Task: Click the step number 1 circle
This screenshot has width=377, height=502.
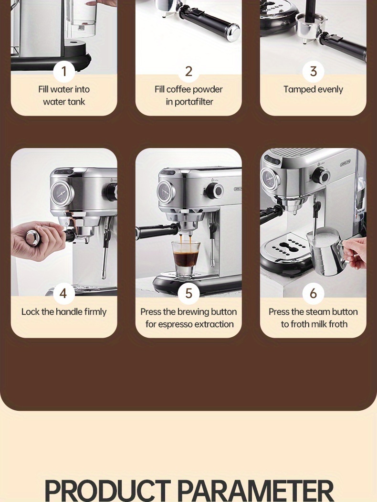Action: click(64, 72)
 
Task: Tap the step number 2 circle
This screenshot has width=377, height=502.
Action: click(188, 72)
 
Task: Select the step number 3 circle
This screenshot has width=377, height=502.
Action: click(313, 72)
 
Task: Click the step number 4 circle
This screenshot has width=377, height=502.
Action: click(64, 293)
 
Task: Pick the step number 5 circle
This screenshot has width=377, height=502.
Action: click(188, 293)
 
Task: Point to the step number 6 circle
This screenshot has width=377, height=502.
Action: click(313, 293)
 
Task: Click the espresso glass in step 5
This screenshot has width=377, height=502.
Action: click(186, 258)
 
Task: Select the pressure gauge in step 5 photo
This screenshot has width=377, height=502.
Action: click(167, 192)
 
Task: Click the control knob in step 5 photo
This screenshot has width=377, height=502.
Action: click(217, 192)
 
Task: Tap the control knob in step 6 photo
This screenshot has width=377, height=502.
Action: click(320, 176)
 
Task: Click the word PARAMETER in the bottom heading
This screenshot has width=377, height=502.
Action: click(255, 490)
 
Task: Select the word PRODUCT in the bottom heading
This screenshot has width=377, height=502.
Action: click(107, 490)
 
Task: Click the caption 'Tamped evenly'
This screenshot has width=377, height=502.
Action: click(313, 89)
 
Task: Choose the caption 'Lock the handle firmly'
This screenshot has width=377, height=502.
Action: click(64, 312)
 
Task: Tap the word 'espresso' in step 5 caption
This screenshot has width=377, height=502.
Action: click(182, 324)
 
